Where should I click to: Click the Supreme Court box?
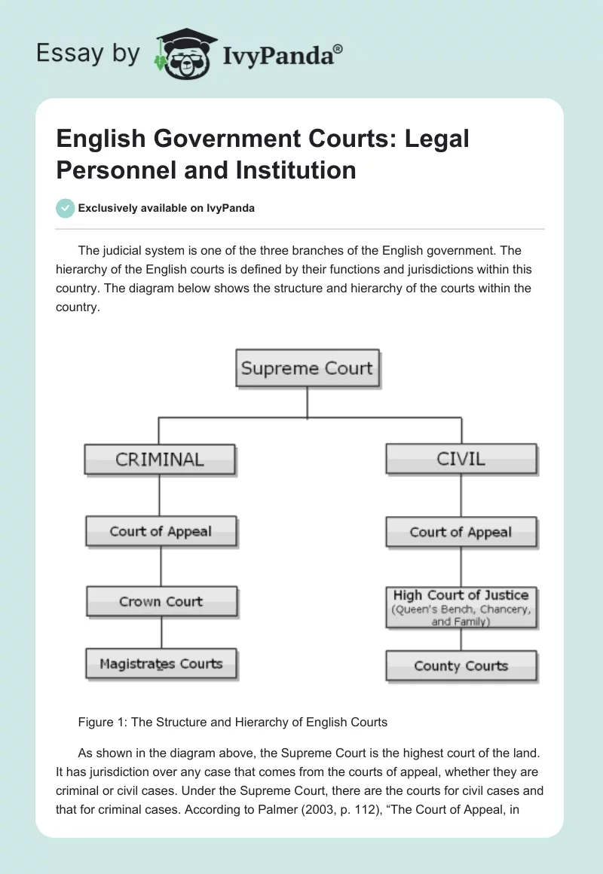[x=307, y=368]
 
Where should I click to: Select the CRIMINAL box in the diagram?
[x=159, y=459]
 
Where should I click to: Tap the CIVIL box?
[x=461, y=458]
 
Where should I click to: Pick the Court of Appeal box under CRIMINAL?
[x=161, y=531]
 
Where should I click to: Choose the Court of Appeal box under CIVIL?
[x=461, y=532]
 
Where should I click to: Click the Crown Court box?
[x=161, y=601]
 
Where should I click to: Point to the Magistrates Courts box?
[x=161, y=664]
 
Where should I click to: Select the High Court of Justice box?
[x=461, y=607]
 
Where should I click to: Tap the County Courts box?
[x=461, y=666]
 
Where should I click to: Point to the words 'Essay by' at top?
[x=89, y=53]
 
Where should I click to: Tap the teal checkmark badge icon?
[x=66, y=208]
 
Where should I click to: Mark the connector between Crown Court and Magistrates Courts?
[x=161, y=632]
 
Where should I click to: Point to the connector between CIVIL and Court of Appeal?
[x=461, y=495]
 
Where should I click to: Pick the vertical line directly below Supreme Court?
[x=307, y=402]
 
